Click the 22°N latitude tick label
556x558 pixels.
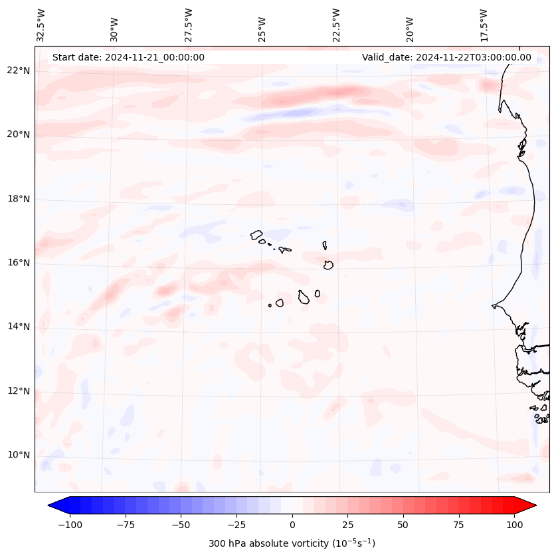pyautogui.click(x=19, y=70)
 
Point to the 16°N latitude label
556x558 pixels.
pyautogui.click(x=19, y=263)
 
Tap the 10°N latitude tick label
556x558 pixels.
pyautogui.click(x=19, y=455)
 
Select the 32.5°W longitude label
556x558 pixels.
pyautogui.click(x=42, y=25)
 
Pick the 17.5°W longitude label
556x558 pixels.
pyautogui.click(x=484, y=25)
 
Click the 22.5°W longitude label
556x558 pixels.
pyautogui.click(x=337, y=25)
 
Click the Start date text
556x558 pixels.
pyautogui.click(x=128, y=57)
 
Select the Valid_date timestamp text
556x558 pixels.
pyautogui.click(x=446, y=57)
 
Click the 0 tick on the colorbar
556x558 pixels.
pyautogui.click(x=292, y=525)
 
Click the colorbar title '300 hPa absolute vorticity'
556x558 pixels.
pyautogui.click(x=292, y=543)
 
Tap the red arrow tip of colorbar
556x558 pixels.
pyautogui.click(x=530, y=505)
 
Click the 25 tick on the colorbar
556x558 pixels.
pyautogui.click(x=347, y=525)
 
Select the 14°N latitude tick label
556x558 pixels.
pyautogui.click(x=19, y=327)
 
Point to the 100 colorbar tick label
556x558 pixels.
pyautogui.click(x=515, y=525)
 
